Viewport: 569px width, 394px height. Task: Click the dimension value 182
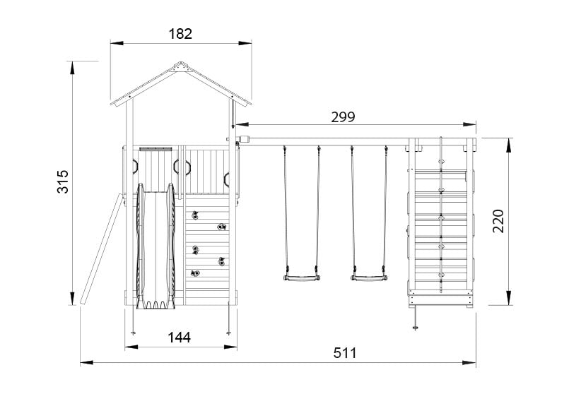coord(181,33)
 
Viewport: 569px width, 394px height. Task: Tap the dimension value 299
coord(343,117)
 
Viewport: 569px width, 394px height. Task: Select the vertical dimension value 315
coord(62,184)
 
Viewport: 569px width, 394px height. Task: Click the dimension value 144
coord(180,338)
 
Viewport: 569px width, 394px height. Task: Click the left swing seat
coord(300,279)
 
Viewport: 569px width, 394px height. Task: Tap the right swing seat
coord(369,279)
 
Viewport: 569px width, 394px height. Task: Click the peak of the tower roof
coord(181,64)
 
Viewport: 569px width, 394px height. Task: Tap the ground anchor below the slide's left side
coord(134,326)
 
